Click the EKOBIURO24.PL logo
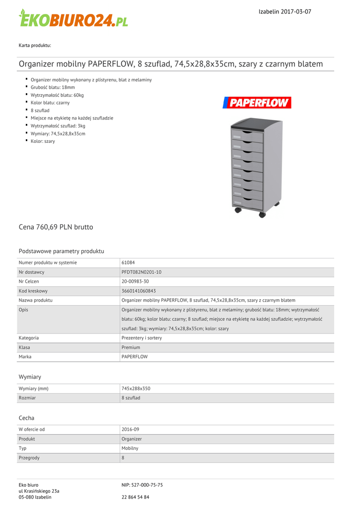tap(73, 18)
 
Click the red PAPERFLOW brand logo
tap(256, 103)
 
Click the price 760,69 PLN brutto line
tap(56, 227)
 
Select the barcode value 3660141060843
tap(139, 291)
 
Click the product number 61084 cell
tap(128, 262)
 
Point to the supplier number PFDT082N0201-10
tap(142, 272)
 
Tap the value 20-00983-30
tap(135, 281)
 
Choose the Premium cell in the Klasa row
tap(131, 347)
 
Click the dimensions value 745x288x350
tap(136, 388)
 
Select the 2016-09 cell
tap(130, 429)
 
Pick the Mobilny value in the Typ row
tap(130, 448)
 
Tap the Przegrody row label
tap(29, 458)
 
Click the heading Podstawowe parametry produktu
tap(62, 251)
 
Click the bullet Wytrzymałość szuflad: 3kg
tap(58, 126)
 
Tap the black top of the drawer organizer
tap(251, 122)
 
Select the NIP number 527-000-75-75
tap(142, 485)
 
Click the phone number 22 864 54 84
tap(136, 497)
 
